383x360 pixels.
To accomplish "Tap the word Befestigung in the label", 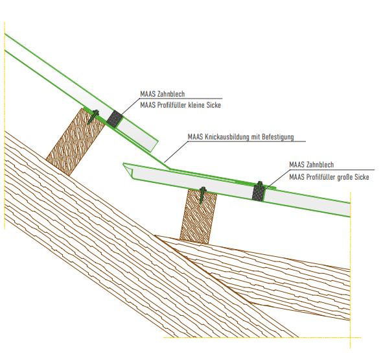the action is pyautogui.click(x=278, y=137).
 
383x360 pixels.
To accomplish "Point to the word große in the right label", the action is pyautogui.click(x=345, y=177).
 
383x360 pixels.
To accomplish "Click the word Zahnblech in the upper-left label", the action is pyautogui.click(x=171, y=94).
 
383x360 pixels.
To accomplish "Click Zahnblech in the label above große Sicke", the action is pyautogui.click(x=320, y=165).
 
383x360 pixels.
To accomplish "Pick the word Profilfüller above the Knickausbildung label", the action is pyautogui.click(x=172, y=105).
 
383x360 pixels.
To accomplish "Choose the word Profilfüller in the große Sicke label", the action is pyautogui.click(x=321, y=177).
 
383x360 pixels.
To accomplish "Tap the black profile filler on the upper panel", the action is pyautogui.click(x=115, y=119).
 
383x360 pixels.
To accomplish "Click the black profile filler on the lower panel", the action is pyautogui.click(x=259, y=193).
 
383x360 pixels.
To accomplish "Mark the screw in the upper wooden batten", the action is pyautogui.click(x=93, y=117).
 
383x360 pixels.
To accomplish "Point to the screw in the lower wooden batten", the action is pyautogui.click(x=202, y=195).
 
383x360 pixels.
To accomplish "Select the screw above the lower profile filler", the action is pyautogui.click(x=260, y=186).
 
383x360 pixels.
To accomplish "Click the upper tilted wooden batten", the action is pyautogui.click(x=76, y=142).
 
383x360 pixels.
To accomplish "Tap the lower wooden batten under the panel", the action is pyautogui.click(x=198, y=217).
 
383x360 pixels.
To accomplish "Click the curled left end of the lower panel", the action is pyautogui.click(x=128, y=170).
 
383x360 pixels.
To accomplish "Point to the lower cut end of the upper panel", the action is pyautogui.click(x=155, y=146).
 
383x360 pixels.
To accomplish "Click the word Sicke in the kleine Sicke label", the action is pyautogui.click(x=214, y=105).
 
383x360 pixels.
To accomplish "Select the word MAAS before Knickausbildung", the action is pyautogui.click(x=195, y=137).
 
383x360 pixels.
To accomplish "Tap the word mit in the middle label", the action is pyautogui.click(x=257, y=137).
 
